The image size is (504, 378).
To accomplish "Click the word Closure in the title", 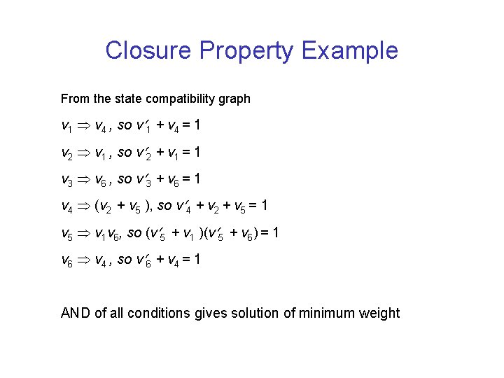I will pyautogui.click(x=148, y=50).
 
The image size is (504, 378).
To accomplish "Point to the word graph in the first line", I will pyautogui.click(x=233, y=99).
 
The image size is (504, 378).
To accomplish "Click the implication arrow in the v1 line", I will pyautogui.click(x=83, y=126).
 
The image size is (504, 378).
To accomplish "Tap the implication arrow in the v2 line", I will pyautogui.click(x=83, y=153).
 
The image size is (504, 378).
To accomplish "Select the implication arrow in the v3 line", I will pyautogui.click(x=83, y=179).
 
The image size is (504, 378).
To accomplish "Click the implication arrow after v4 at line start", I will pyautogui.click(x=83, y=206).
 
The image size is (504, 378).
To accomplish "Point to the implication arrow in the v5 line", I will pyautogui.click(x=83, y=232).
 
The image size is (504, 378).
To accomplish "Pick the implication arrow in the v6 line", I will pyautogui.click(x=83, y=259).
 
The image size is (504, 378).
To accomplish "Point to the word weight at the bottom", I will pyautogui.click(x=378, y=313).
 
